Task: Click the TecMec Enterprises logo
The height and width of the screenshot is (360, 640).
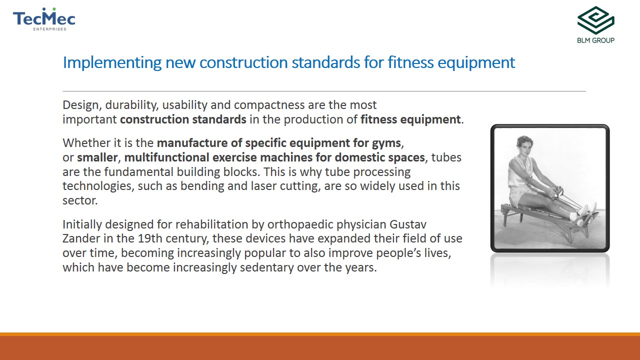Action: click(44, 19)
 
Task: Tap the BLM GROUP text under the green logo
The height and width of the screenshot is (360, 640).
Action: click(595, 40)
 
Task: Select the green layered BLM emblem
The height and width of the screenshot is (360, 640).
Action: click(595, 20)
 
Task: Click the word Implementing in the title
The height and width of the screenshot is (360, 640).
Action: click(112, 63)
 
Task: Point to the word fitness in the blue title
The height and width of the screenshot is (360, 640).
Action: click(410, 62)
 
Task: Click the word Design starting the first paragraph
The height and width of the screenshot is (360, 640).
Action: click(80, 105)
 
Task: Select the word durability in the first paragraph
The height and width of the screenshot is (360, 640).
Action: click(131, 105)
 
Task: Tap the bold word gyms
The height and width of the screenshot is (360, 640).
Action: click(386, 143)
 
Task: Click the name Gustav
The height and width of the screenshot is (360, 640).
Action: click(407, 224)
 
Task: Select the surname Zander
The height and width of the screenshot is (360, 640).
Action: click(81, 238)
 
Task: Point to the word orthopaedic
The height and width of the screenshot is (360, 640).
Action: click(300, 225)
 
